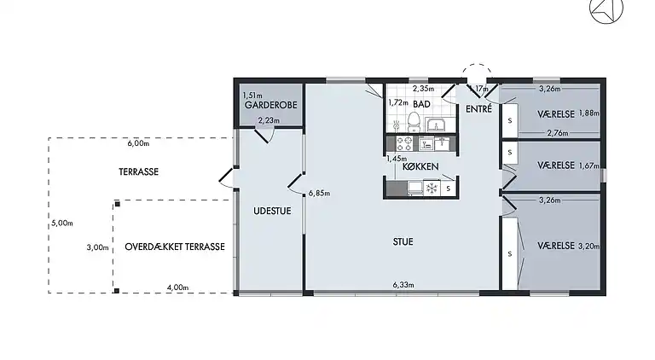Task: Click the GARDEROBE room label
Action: tap(270, 105)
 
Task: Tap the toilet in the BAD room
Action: tap(413, 122)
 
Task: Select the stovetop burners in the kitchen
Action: tap(404, 143)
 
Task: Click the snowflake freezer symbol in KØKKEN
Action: tap(432, 188)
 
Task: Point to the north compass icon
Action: tap(606, 9)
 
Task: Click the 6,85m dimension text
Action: tap(319, 194)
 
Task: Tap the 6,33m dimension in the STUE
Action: tap(403, 285)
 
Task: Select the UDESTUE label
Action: tap(272, 211)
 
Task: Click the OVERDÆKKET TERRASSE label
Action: tap(175, 247)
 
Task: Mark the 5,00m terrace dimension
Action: tap(62, 224)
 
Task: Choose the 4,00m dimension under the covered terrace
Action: tap(177, 287)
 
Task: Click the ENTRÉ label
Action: tap(478, 109)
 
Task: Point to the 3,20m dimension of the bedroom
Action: tap(589, 246)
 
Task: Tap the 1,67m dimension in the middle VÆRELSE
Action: tap(589, 165)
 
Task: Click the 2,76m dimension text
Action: tap(558, 133)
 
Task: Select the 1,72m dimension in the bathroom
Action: tap(398, 102)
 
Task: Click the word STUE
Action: tap(403, 241)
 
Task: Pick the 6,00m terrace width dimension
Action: tap(138, 143)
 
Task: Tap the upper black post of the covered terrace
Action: tap(118, 204)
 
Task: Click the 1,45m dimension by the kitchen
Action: tap(397, 159)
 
